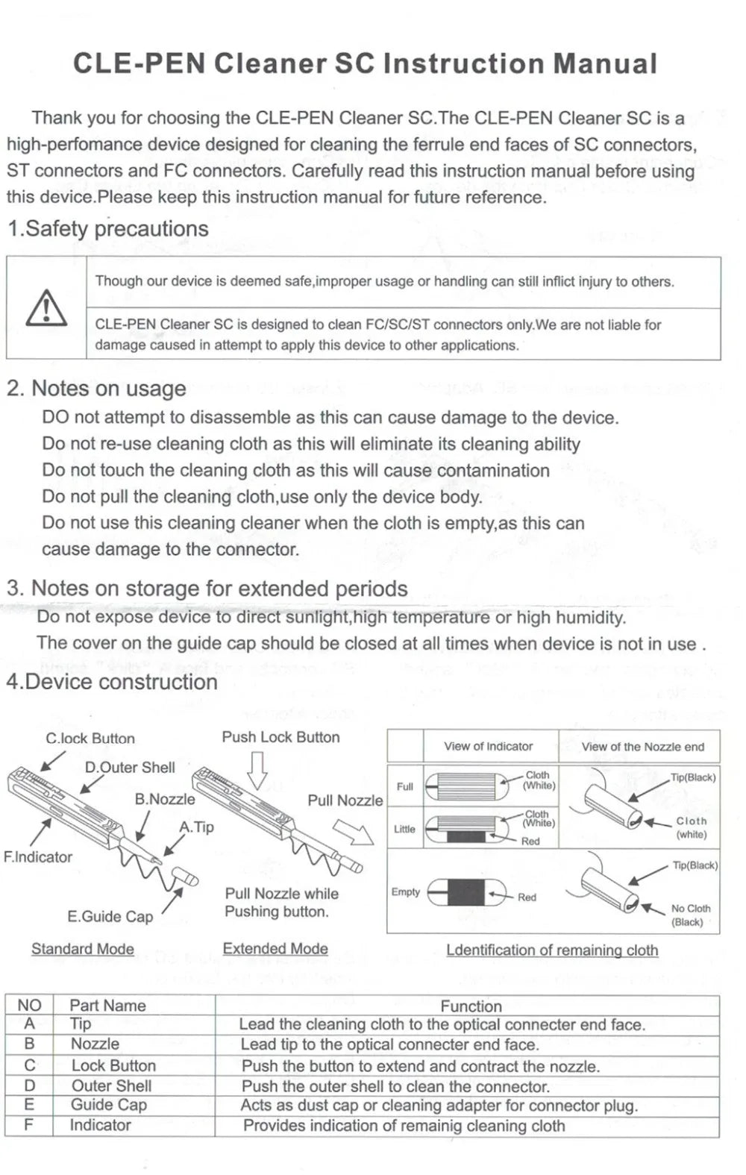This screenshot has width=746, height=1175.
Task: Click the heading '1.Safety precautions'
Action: point(108,228)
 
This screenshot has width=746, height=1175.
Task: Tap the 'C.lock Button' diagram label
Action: point(90,739)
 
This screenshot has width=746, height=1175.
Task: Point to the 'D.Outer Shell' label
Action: point(130,768)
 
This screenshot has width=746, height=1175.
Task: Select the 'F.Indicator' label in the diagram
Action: point(38,857)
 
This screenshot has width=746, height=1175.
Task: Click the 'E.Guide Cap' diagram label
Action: point(110,917)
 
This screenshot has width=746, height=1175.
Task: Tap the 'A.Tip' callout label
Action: point(196,827)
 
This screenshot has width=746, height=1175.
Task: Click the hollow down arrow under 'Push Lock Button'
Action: point(257,769)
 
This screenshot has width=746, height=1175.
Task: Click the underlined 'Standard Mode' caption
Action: point(83,949)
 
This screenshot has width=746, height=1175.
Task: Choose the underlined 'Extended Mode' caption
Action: point(275,949)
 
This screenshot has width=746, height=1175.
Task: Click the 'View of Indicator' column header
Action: point(488,747)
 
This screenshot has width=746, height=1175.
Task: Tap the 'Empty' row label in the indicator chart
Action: point(405,892)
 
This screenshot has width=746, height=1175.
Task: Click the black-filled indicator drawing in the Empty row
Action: point(466,893)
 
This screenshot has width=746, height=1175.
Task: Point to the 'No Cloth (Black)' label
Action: point(690,915)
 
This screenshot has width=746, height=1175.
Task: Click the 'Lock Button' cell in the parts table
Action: point(113,1065)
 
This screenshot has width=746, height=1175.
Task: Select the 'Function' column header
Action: point(471,1006)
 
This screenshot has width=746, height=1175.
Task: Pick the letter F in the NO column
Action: point(28,1124)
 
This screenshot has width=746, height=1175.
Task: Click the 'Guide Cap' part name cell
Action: point(109,1105)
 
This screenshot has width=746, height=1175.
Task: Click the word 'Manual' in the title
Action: point(604,64)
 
